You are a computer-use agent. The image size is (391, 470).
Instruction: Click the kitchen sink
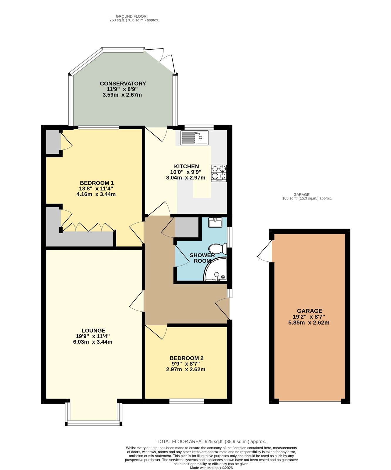coord(194,138)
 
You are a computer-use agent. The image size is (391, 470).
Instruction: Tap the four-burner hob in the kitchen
coord(219,173)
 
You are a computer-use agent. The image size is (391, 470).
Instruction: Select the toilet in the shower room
coord(219,249)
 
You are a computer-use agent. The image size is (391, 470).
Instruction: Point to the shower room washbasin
coord(215,222)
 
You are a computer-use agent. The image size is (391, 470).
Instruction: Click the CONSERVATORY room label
coord(123,83)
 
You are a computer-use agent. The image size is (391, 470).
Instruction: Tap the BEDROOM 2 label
coord(186,358)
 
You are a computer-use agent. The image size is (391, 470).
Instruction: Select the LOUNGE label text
coord(93,330)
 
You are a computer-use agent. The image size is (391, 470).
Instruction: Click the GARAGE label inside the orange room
coord(309,311)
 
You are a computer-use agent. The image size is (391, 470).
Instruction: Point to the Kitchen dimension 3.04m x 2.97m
coord(186,177)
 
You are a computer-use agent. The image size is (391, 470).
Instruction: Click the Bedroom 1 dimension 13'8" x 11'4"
coord(96,189)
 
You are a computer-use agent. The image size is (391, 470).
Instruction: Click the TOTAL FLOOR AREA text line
coord(211,442)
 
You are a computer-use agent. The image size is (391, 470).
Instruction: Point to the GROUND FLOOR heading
coord(131,16)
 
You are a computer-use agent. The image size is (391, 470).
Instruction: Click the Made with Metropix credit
coord(211,468)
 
